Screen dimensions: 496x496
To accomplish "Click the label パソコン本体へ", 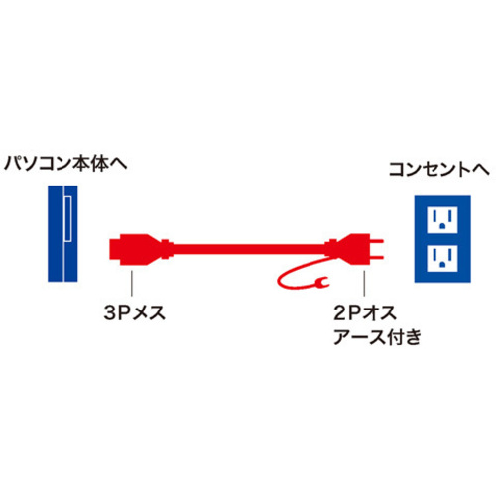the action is [65, 164].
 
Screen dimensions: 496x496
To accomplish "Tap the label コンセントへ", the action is [439, 170].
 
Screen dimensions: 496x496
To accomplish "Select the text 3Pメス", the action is [134, 312].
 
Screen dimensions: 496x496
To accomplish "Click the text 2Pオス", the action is [365, 312].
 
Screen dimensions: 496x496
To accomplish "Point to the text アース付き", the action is [377, 337].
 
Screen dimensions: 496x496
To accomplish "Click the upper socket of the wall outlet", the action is [442, 219].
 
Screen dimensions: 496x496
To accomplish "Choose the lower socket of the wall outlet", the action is [442, 258].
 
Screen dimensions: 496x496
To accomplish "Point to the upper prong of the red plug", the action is [376, 242].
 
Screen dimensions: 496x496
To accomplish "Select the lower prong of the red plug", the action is [376, 257].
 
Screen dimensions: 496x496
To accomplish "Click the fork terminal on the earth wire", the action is [321, 282].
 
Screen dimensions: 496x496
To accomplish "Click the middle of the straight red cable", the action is [249, 250].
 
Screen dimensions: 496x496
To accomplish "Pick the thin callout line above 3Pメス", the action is [132, 283].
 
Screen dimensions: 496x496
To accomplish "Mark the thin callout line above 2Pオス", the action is [364, 283].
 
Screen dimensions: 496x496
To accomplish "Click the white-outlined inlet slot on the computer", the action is [67, 219].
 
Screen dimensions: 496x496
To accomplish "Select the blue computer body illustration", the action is [62, 233].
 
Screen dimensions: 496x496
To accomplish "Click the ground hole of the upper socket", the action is [442, 227].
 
